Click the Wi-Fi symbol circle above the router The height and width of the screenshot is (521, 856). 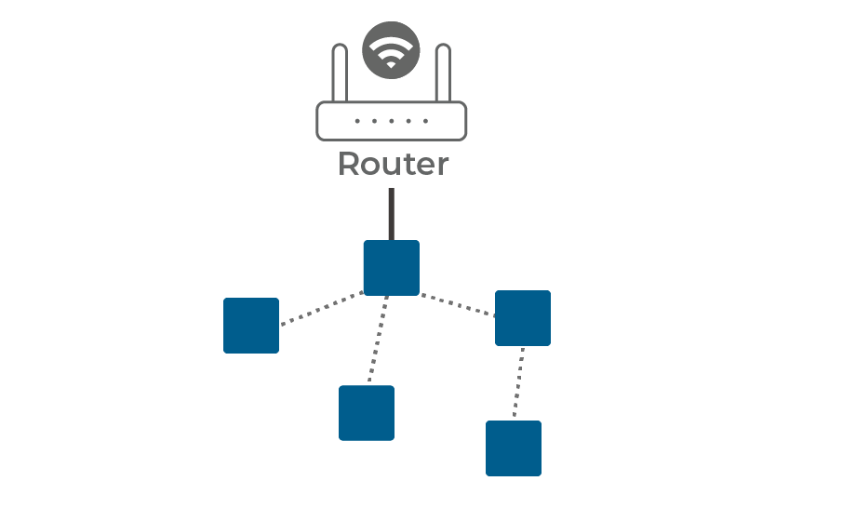coord(391,49)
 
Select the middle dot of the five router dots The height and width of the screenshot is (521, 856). coord(392,121)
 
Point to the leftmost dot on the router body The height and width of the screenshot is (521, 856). coord(357,121)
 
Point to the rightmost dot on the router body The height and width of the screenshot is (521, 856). coord(426,121)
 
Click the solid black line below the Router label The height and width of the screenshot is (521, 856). coord(391,214)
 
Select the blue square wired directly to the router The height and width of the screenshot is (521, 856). coord(391,268)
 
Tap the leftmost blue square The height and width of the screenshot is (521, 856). coord(251,326)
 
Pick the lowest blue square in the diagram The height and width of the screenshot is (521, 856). coord(514,448)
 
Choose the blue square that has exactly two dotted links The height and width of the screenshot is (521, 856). coord(523,317)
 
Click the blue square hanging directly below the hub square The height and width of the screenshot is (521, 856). coord(367,412)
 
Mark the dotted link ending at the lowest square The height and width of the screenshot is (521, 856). coord(518,383)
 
